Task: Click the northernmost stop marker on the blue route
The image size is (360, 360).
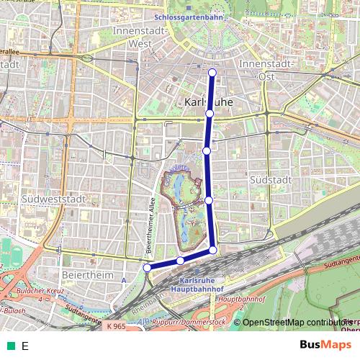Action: (212, 72)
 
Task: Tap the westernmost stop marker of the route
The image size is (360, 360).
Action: (147, 268)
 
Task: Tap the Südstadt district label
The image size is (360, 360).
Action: (267, 177)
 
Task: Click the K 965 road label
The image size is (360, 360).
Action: (114, 327)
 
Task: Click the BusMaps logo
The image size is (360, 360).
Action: (322, 345)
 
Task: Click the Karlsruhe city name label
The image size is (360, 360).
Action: (209, 102)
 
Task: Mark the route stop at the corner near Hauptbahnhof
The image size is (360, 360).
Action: (213, 250)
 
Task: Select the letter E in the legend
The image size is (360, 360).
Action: (25, 346)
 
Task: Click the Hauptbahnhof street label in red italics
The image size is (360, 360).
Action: (238, 296)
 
